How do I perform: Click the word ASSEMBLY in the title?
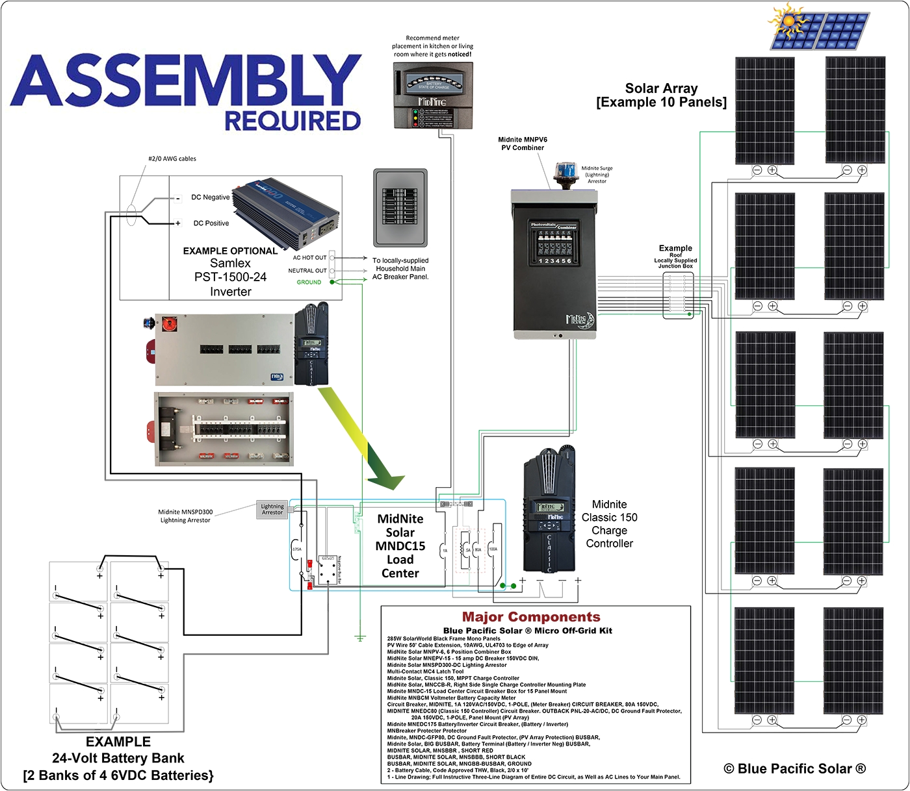point(185,81)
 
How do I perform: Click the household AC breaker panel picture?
point(400,207)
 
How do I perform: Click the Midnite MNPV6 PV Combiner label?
point(523,144)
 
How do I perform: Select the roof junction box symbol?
point(678,295)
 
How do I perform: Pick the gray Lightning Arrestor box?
point(272,509)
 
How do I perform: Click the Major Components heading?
point(530,617)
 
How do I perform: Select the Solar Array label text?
point(661,95)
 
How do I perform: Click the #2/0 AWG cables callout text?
point(172,158)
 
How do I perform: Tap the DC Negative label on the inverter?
point(210,197)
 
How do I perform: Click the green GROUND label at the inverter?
point(309,282)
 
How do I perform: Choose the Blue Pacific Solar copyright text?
point(794,769)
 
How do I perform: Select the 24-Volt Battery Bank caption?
point(118,758)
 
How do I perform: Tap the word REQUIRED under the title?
point(292,121)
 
